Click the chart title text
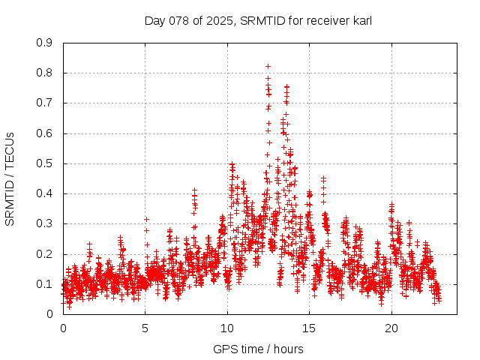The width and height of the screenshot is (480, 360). [258, 20]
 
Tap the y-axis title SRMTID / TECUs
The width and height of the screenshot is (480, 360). [10, 178]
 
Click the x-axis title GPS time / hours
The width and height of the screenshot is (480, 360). [258, 349]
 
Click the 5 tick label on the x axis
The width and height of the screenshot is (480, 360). [145, 328]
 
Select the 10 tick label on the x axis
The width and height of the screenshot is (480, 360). [227, 328]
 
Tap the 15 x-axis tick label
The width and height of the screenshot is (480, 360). [310, 328]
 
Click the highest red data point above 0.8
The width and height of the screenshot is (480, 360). [268, 66]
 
